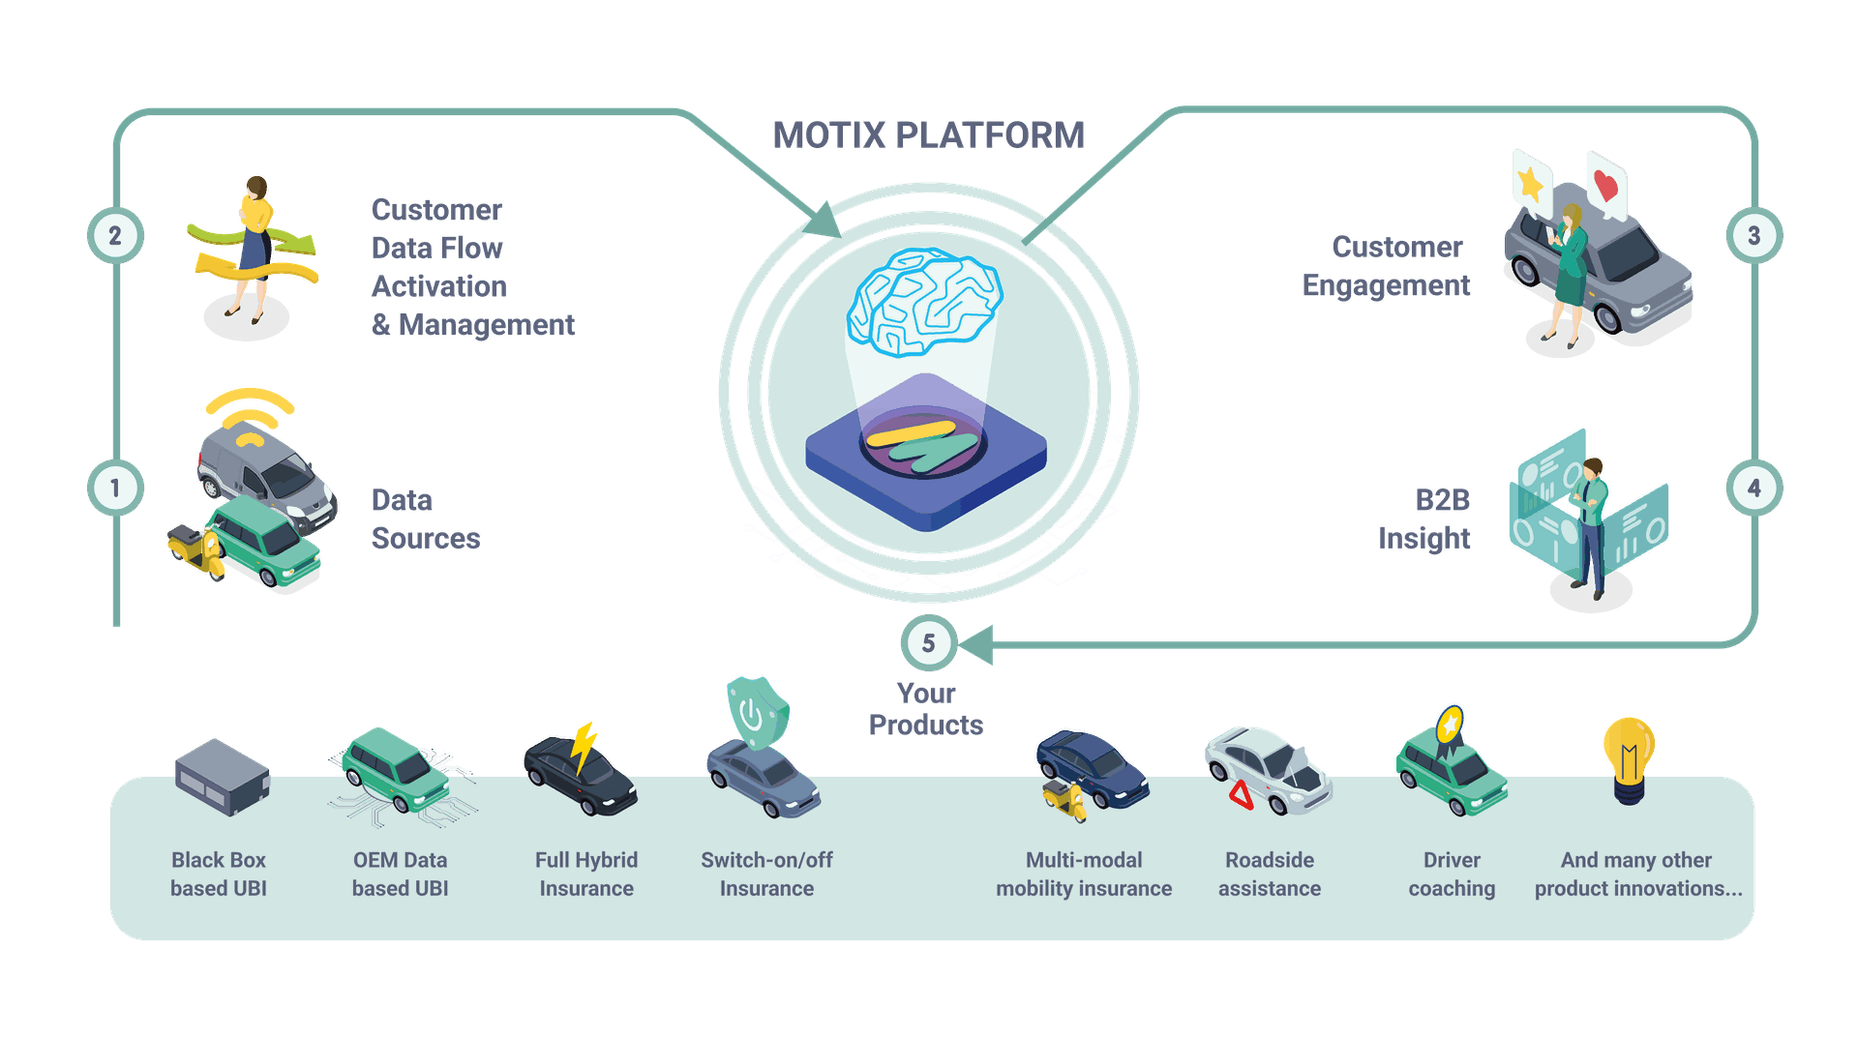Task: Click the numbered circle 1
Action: point(115,488)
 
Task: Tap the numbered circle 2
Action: point(115,235)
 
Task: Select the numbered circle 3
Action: point(1753,235)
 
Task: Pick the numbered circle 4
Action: point(1753,488)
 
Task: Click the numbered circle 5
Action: point(928,642)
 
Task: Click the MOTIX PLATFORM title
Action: point(928,135)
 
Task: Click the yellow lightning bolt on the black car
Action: point(584,746)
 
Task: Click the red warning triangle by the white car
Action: point(1241,795)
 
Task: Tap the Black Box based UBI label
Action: point(219,874)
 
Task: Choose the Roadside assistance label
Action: point(1269,874)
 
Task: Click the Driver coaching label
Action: point(1452,874)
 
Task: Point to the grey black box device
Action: point(222,776)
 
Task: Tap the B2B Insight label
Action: point(1424,519)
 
